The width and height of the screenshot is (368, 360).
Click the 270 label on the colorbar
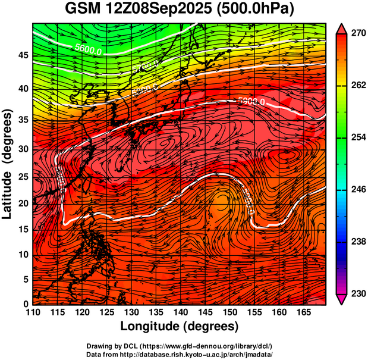[x=357, y=34]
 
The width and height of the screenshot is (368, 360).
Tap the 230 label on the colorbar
[x=357, y=293]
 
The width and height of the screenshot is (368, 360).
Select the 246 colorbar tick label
[x=357, y=190]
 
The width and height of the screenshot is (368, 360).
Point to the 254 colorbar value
[x=357, y=137]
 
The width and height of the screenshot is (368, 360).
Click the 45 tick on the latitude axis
[x=21, y=55]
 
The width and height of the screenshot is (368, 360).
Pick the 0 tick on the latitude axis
[x=25, y=304]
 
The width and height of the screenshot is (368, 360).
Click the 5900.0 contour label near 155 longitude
[x=250, y=101]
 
